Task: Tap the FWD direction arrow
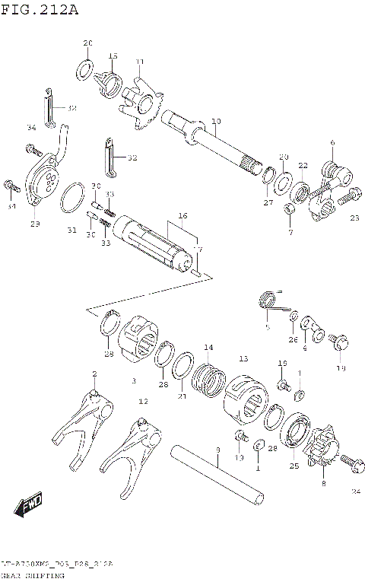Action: click(x=31, y=504)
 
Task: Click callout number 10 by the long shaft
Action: click(x=216, y=121)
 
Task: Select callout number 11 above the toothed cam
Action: click(x=139, y=62)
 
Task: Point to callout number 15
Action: click(x=113, y=56)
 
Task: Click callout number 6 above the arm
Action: click(x=332, y=142)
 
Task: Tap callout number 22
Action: click(x=303, y=166)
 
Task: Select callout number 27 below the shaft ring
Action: click(x=268, y=202)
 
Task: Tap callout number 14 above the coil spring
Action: click(x=208, y=348)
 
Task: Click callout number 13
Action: click(x=243, y=358)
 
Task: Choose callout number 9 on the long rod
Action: click(x=217, y=450)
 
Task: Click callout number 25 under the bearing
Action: click(x=294, y=466)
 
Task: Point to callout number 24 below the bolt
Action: click(x=355, y=491)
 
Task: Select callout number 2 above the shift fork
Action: click(x=94, y=374)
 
